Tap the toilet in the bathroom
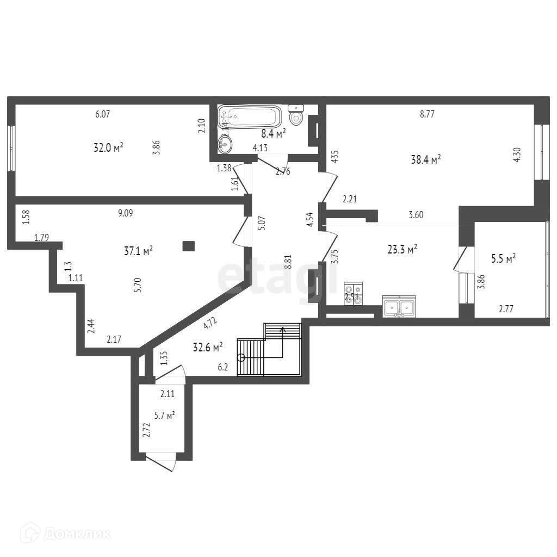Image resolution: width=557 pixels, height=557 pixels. (296, 115)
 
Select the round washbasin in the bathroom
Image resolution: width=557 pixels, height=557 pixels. (225, 144)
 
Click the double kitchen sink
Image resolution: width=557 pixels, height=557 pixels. (399, 307)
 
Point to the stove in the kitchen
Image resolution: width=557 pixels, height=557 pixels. (352, 295)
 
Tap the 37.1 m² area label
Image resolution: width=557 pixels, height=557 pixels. (139, 250)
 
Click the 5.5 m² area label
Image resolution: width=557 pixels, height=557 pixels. (503, 259)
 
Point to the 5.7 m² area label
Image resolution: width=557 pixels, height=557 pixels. (163, 416)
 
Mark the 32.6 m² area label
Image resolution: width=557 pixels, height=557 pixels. (208, 346)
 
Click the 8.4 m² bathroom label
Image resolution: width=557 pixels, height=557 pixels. (274, 132)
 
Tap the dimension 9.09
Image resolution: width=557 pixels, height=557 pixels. (126, 213)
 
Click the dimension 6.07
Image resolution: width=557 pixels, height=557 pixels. (102, 114)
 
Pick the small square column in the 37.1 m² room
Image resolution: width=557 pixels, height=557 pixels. (188, 246)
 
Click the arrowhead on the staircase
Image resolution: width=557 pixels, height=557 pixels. (282, 329)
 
